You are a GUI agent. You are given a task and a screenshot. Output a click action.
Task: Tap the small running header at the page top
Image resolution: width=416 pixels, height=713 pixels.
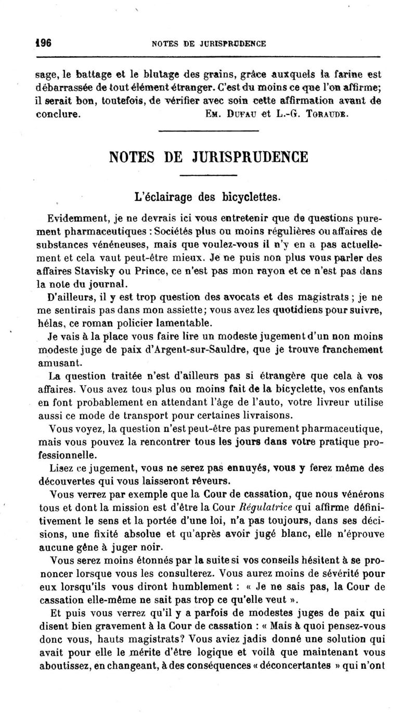point(209,44)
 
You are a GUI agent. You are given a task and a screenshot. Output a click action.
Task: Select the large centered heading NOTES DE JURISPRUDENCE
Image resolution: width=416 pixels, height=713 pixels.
point(208,156)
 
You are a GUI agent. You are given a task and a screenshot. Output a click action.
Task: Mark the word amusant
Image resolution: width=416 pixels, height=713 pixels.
point(57,362)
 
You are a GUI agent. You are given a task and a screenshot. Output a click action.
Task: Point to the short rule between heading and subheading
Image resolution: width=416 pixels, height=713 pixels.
point(208,176)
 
